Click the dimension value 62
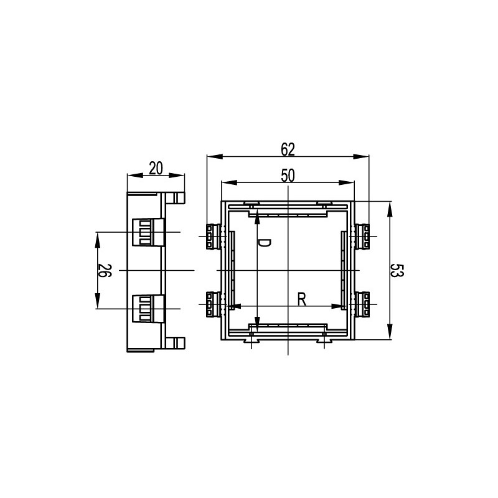pos(288,149)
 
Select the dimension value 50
pos(288,176)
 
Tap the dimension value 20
pos(156,168)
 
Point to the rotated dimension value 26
pos(105,270)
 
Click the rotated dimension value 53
pos(397,270)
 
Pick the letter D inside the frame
pos(264,243)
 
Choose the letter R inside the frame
pos(302,299)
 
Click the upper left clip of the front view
pos(214,237)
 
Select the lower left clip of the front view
pos(214,304)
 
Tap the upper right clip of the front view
pos(362,237)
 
